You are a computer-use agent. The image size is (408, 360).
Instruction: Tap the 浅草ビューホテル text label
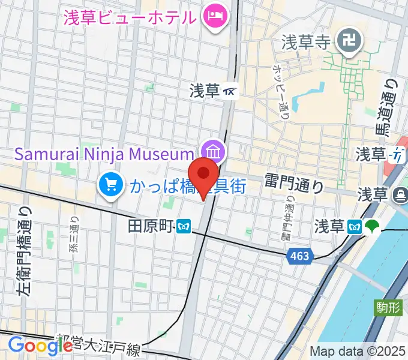click(x=130, y=17)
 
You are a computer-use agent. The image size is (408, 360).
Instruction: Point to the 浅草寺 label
click(x=307, y=42)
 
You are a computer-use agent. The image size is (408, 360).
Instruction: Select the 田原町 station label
click(x=150, y=226)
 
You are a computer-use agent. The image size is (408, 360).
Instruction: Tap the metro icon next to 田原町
click(x=184, y=226)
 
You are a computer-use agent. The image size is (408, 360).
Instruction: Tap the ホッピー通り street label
click(x=281, y=87)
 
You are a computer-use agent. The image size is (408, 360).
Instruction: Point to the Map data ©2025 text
click(x=357, y=351)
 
